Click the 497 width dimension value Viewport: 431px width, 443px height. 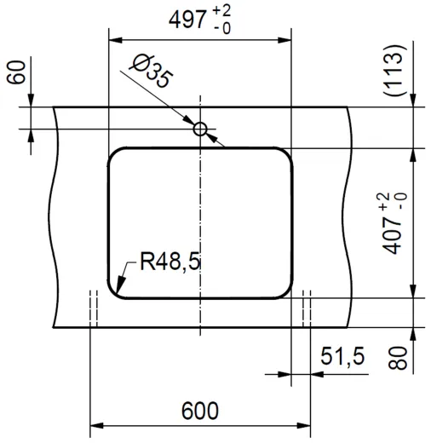click(189, 20)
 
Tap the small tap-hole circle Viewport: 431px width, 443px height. click(200, 129)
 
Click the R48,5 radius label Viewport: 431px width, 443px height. click(170, 262)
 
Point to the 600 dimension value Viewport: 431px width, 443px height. click(199, 410)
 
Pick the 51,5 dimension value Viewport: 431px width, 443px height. click(342, 357)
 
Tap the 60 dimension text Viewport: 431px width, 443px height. click(14, 74)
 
